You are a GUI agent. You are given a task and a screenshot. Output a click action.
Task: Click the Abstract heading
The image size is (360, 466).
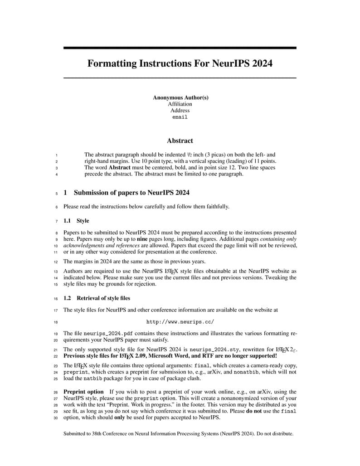pyautogui.click(x=180, y=141)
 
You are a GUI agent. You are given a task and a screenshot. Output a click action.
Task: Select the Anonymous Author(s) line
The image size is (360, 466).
pyautogui.click(x=180, y=97)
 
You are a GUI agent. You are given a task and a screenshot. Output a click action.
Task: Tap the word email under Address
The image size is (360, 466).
pyautogui.click(x=180, y=117)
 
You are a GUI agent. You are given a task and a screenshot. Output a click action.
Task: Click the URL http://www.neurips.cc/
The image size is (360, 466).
pyautogui.click(x=180, y=322)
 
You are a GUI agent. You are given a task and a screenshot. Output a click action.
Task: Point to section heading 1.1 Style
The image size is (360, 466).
pyautogui.click(x=76, y=221)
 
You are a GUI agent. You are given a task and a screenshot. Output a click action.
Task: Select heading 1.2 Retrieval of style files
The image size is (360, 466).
pyautogui.click(x=97, y=298)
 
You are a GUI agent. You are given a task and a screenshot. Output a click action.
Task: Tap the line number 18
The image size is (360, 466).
pyautogui.click(x=56, y=322)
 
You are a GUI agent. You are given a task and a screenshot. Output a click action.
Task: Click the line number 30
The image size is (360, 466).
pyautogui.click(x=56, y=418)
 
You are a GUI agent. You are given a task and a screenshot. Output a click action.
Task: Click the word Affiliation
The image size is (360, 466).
pyautogui.click(x=180, y=104)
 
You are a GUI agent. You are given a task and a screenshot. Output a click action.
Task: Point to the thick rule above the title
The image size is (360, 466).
pyautogui.click(x=180, y=48)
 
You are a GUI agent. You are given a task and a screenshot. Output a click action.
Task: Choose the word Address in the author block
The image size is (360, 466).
pyautogui.click(x=180, y=110)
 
